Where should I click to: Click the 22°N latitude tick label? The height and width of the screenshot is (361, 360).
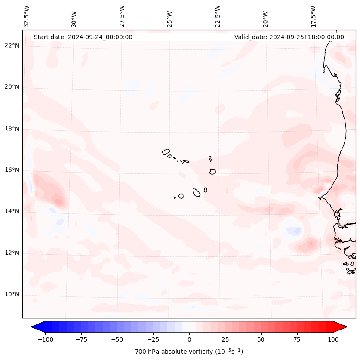coord(12,46)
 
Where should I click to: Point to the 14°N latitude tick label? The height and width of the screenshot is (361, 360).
coord(12,211)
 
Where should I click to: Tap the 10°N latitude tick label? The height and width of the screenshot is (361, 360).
coord(12,295)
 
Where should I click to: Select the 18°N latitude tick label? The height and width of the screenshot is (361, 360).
coord(12,129)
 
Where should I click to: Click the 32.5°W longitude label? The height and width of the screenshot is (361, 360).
coord(27,16)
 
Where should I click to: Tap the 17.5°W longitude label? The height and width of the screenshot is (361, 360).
coord(314,16)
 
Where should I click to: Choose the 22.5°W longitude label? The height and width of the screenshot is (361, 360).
coord(218,16)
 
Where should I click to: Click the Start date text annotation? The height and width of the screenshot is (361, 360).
coord(83,37)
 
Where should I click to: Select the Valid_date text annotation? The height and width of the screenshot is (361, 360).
coord(289,37)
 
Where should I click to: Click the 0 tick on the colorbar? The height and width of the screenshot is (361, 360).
coord(189,339)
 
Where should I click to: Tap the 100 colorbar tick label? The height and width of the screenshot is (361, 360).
coord(333,339)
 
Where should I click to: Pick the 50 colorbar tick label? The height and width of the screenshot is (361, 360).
coord(261,339)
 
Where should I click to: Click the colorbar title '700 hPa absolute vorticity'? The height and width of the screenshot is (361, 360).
coord(189,352)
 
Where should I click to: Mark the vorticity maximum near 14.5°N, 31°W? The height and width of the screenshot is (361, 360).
coord(58,200)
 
